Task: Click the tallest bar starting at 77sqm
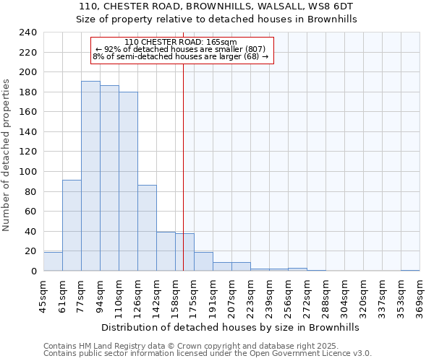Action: [x=90, y=176]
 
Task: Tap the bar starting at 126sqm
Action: [x=147, y=228]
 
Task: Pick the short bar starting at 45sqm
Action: [x=53, y=261]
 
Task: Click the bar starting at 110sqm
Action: [x=128, y=181]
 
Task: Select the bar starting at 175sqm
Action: [x=203, y=261]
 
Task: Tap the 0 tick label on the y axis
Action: [x=33, y=271]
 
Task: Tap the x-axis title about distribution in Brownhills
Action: [x=231, y=327]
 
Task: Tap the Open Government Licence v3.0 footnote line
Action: [x=208, y=354]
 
